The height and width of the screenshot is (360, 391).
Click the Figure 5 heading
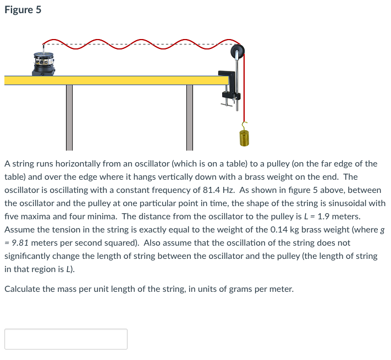click(x=23, y=10)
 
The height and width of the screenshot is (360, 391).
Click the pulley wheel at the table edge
click(x=237, y=52)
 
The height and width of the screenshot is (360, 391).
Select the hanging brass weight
click(x=245, y=137)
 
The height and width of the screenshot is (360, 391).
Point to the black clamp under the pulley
click(x=228, y=88)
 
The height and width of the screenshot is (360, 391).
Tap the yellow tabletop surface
click(x=115, y=80)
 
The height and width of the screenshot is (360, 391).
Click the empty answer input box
click(x=66, y=339)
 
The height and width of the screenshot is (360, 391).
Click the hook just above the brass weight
click(x=245, y=125)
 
